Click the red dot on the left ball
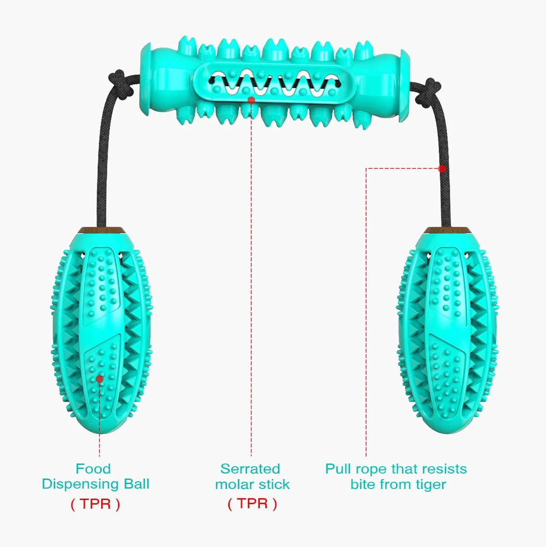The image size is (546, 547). click(99, 379)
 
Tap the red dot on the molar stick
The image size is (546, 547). click(251, 99)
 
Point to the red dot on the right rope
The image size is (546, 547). click(441, 169)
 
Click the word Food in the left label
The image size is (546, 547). click(93, 469)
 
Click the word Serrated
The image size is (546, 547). click(250, 469)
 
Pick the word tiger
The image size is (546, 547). click(427, 484)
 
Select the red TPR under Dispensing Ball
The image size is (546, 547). click(95, 504)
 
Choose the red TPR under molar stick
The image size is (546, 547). click(252, 504)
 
